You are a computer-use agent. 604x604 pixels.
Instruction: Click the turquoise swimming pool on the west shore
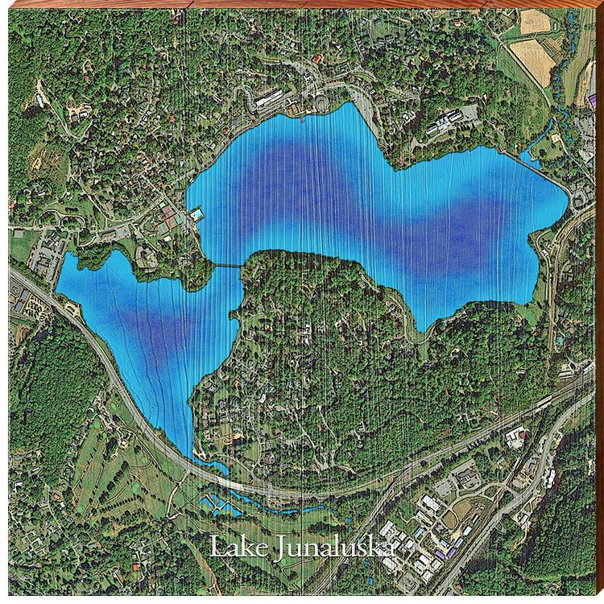(197, 216)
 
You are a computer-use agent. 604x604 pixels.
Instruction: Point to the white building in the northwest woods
(77, 117)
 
